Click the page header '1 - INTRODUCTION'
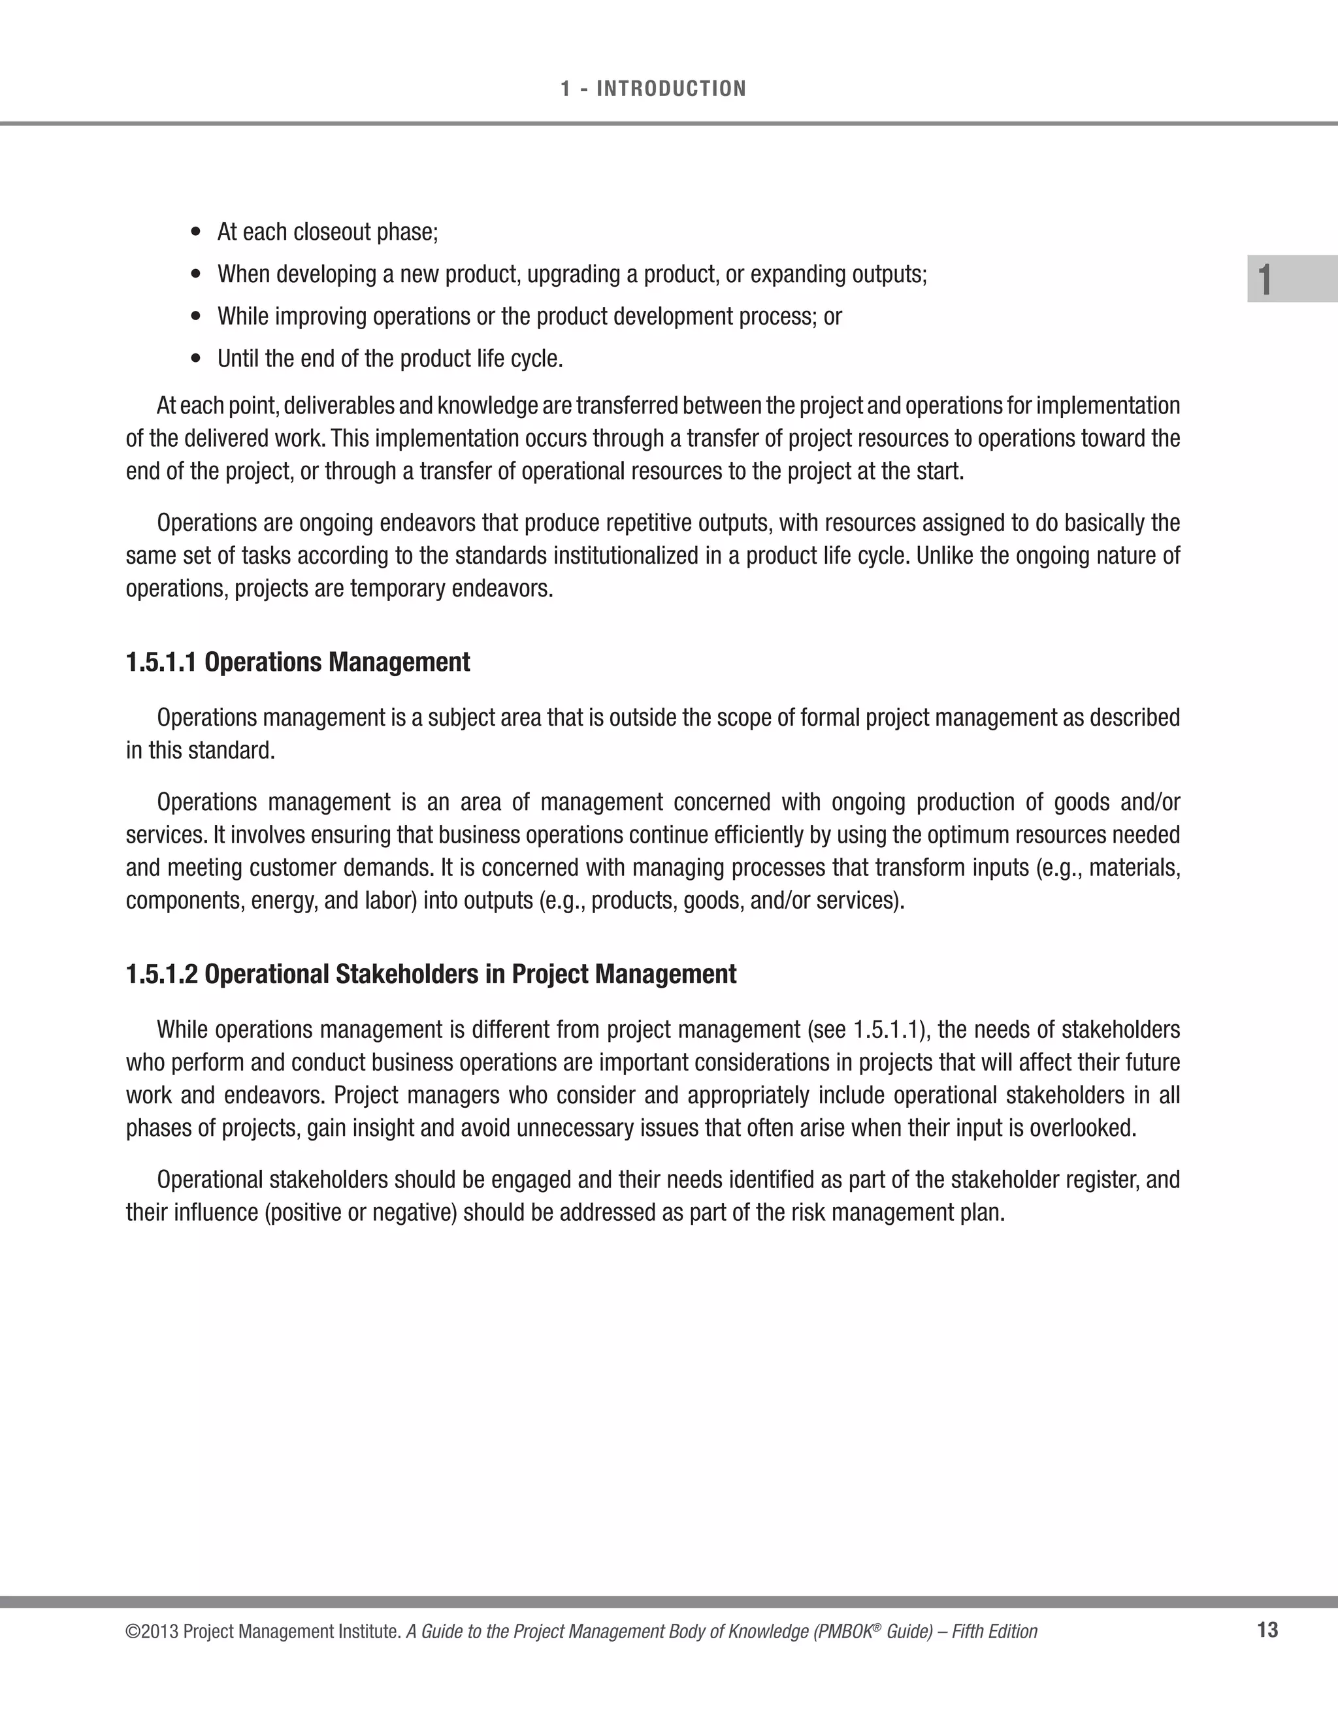653,89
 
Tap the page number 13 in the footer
1267,1630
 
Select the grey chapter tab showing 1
1291,279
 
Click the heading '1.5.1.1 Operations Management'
298,662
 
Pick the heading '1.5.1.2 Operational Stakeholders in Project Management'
431,974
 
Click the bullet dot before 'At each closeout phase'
197,233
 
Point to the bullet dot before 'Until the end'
197,359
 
